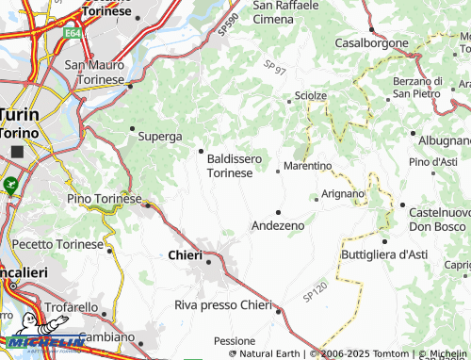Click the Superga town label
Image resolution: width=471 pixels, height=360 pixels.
coord(160,137)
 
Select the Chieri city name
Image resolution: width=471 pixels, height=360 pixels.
coord(185,255)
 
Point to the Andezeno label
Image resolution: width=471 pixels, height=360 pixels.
coord(278,226)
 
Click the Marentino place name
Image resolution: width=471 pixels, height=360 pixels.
coord(308,166)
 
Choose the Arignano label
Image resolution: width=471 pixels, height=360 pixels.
coord(343,193)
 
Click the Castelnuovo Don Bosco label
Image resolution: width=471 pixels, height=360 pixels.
coord(439,221)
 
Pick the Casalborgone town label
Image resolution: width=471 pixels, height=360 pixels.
coord(372,43)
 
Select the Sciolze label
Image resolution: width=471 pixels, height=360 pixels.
coord(311,96)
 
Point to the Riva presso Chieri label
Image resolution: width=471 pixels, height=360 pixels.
coord(222,304)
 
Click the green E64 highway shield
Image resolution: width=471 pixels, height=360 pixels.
coord(73,33)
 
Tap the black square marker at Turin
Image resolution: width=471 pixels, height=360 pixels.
coord(16,152)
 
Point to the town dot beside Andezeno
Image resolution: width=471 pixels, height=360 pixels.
coord(278,211)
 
